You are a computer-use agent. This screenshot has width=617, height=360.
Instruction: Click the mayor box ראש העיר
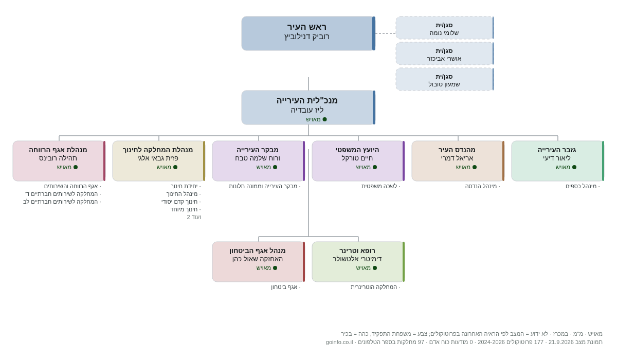coord(308,33)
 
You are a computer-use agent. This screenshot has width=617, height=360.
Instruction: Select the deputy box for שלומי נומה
coord(445,28)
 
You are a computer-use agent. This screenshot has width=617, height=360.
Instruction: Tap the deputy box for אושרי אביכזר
coord(445,53)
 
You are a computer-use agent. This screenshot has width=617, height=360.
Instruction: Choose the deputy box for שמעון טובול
coord(445,79)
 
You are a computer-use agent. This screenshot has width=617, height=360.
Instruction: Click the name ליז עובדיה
coord(307,110)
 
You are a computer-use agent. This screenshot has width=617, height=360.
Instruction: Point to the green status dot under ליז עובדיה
coord(325,119)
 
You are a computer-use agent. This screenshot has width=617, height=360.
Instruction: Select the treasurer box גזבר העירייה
coord(558,161)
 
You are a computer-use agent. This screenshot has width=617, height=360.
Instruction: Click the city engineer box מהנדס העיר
coord(458,161)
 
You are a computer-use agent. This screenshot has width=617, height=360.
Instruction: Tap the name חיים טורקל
coord(357,158)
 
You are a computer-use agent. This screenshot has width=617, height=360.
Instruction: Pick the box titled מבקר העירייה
coord(258,161)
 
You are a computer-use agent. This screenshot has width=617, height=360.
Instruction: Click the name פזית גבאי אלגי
coord(158,158)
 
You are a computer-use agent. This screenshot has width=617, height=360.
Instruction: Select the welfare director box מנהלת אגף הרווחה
coord(59,161)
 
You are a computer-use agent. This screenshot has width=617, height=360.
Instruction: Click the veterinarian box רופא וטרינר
coord(358,262)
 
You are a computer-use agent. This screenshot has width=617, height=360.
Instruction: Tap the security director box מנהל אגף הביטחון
coord(258,262)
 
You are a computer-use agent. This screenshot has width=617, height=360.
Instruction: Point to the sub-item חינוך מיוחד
coord(184,209)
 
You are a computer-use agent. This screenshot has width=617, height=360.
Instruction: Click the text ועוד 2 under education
coord(194,217)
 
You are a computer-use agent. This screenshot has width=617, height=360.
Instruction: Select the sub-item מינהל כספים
coord(581,186)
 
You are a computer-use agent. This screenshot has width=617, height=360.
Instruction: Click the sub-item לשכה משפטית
coord(379,186)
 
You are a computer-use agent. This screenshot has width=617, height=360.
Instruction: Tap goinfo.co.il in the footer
coord(339,342)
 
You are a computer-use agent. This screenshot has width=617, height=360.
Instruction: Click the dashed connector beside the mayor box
coord(386,33)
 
